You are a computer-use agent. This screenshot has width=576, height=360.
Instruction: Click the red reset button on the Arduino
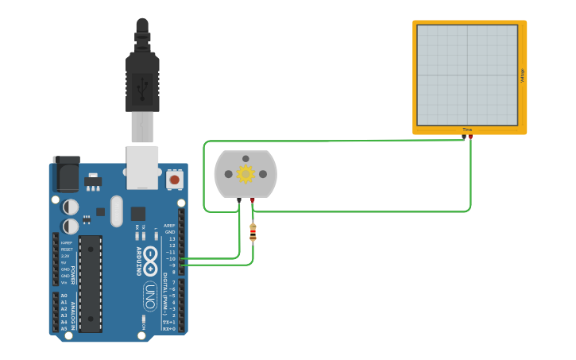coord(174,180)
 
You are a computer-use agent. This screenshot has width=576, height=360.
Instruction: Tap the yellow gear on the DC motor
coord(245,174)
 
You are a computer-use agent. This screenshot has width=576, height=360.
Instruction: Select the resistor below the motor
coord(253,232)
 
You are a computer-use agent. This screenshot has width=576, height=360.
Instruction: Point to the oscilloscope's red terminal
coord(470,137)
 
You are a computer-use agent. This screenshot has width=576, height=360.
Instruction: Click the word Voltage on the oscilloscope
coord(522,75)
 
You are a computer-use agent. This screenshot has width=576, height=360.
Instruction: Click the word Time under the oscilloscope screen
coord(467,130)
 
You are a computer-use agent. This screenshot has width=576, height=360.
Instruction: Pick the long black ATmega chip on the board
coord(90,283)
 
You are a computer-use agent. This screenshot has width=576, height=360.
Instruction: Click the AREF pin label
coord(169,225)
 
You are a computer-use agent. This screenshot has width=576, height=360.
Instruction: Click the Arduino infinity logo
coord(150,261)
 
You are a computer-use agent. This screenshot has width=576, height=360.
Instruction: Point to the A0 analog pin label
coord(64,296)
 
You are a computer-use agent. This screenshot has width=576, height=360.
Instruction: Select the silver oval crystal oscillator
coord(117,211)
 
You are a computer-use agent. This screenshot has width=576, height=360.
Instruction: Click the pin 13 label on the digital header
coord(172,238)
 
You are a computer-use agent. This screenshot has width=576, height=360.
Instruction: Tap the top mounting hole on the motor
coord(245,158)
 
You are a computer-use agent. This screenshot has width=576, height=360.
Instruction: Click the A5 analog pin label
coord(64,328)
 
